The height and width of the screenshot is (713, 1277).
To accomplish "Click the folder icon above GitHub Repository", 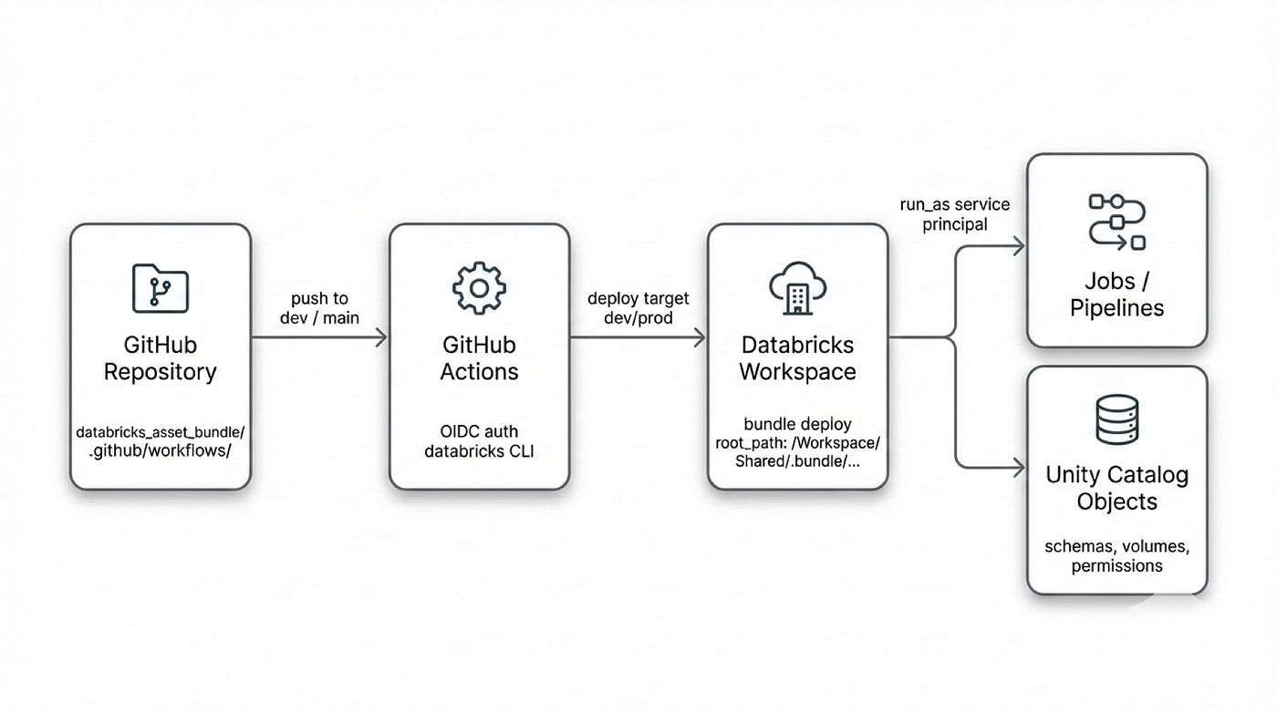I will pyautogui.click(x=160, y=288).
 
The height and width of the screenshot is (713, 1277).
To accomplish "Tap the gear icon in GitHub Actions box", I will pyautogui.click(x=479, y=288).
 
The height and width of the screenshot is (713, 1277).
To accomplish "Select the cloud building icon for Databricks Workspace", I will pyautogui.click(x=797, y=289).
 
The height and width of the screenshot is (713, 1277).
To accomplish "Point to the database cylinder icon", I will pyautogui.click(x=1117, y=419).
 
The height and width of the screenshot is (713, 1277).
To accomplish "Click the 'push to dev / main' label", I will pyautogui.click(x=320, y=308).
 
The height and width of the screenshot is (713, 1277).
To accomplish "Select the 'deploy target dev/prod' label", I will pyautogui.click(x=638, y=308).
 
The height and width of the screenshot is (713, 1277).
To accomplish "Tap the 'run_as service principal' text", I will pyautogui.click(x=955, y=214).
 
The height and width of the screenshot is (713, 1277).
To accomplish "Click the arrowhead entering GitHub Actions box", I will pyautogui.click(x=381, y=337).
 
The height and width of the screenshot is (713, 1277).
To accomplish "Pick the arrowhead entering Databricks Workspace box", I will pyautogui.click(x=700, y=337).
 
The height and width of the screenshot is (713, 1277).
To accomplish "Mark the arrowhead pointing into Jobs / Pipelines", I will pyautogui.click(x=1019, y=246).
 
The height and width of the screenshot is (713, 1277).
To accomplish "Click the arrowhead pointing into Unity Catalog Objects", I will pyautogui.click(x=1019, y=469).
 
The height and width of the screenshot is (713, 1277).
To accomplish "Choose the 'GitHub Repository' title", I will pyautogui.click(x=160, y=358).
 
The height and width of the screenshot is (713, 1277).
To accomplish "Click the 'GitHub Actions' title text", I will pyautogui.click(x=479, y=358).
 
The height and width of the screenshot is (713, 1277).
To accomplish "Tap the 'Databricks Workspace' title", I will pyautogui.click(x=797, y=358).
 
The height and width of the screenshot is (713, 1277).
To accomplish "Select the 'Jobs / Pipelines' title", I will pyautogui.click(x=1117, y=294).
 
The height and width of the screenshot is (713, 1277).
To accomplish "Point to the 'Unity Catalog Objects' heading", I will pyautogui.click(x=1117, y=488).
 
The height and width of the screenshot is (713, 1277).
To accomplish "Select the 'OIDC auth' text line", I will pyautogui.click(x=479, y=430).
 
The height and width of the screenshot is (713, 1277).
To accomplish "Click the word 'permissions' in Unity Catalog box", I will pyautogui.click(x=1117, y=566).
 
